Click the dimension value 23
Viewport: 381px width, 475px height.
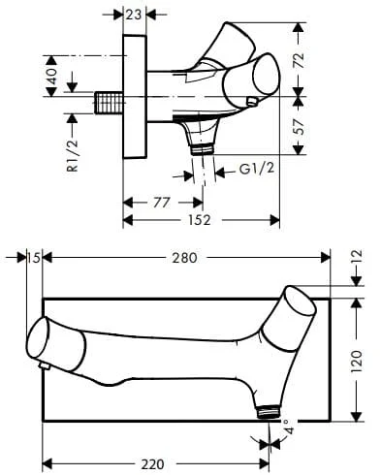pyautogui.click(x=134, y=15)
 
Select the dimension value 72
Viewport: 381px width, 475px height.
pyautogui.click(x=299, y=60)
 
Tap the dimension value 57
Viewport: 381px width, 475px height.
pyautogui.click(x=299, y=127)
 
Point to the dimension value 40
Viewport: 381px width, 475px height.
pyautogui.click(x=51, y=76)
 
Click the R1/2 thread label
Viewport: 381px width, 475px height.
pyautogui.click(x=73, y=154)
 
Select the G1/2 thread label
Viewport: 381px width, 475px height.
pyautogui.click(x=257, y=169)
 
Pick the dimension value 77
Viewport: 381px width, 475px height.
pyautogui.click(x=161, y=203)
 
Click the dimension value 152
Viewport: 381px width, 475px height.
pyautogui.click(x=200, y=220)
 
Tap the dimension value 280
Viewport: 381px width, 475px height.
pyautogui.click(x=184, y=258)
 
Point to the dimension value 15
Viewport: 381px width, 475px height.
pyautogui.click(x=34, y=258)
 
